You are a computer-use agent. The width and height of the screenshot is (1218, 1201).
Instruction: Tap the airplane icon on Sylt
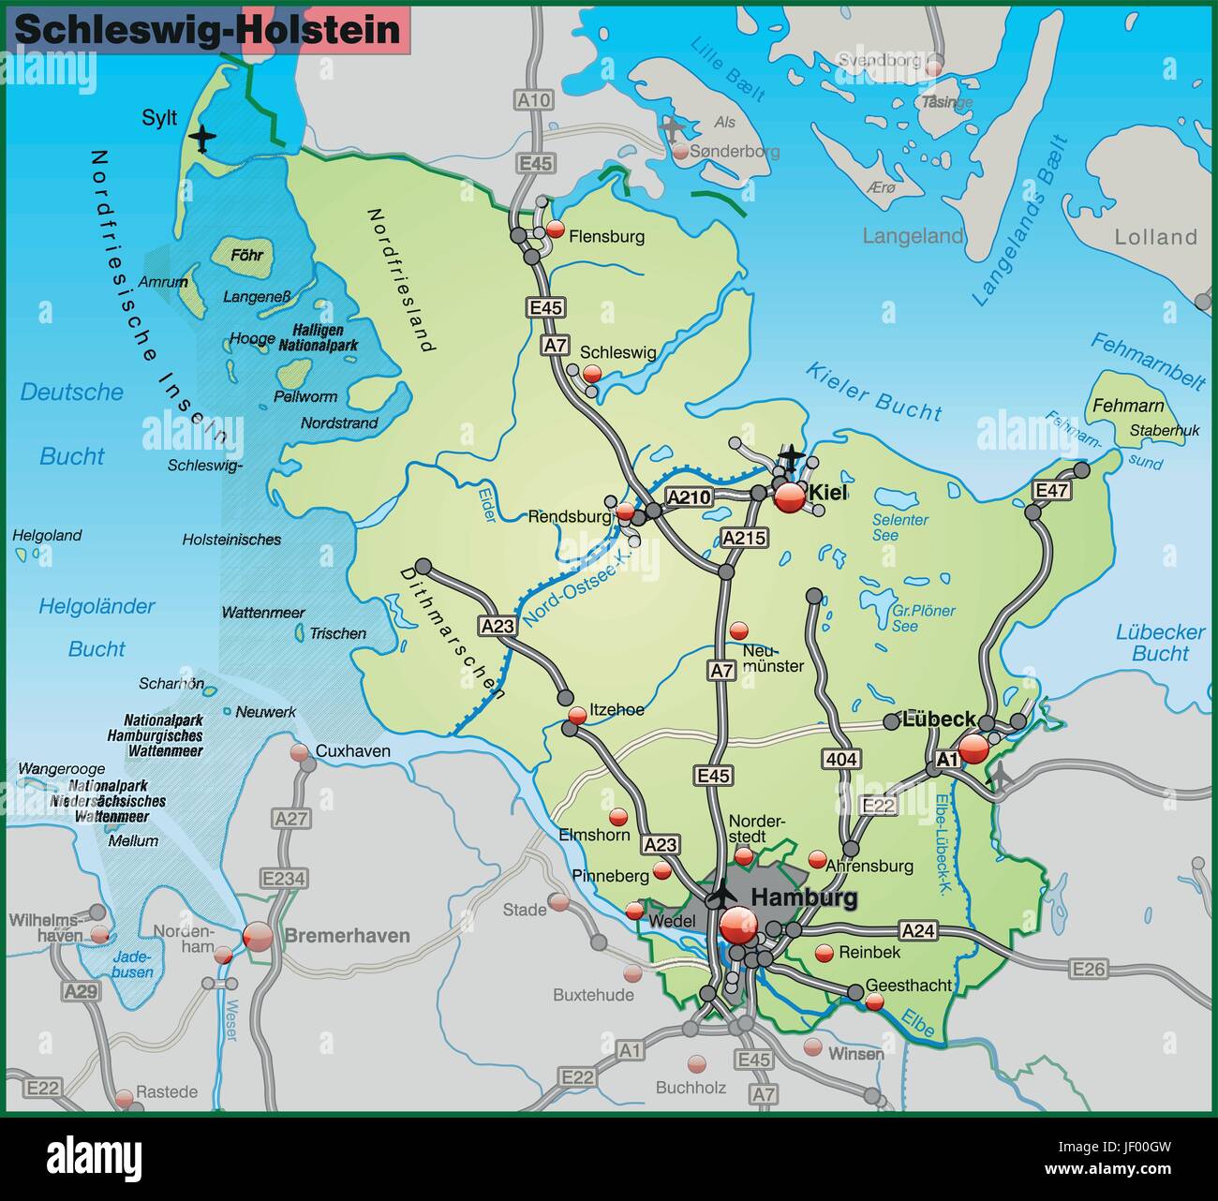201,139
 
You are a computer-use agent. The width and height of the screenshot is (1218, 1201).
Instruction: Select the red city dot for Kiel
790,497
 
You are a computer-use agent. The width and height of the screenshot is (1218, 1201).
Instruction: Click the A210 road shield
690,497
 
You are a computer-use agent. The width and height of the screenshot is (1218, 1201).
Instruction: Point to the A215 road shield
745,538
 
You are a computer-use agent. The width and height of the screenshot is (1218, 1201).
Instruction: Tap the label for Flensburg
606,237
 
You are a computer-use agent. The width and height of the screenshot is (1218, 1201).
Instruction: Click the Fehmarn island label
1130,406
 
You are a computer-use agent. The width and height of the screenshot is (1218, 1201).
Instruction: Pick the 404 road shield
842,759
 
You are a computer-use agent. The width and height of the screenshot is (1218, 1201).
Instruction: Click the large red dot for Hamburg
738,926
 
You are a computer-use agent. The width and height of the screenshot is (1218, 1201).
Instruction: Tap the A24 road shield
918,930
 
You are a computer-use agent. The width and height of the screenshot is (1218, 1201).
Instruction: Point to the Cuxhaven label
352,751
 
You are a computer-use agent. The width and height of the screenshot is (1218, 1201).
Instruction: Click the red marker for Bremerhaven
258,935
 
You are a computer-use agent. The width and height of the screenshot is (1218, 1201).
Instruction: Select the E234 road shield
283,879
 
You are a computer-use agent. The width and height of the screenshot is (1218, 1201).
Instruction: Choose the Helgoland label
47,536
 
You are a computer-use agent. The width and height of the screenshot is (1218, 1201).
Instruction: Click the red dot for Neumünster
739,630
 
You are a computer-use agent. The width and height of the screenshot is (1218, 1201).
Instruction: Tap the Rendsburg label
570,516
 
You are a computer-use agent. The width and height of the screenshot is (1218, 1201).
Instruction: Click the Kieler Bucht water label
873,392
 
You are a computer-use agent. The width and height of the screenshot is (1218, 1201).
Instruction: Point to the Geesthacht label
908,986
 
